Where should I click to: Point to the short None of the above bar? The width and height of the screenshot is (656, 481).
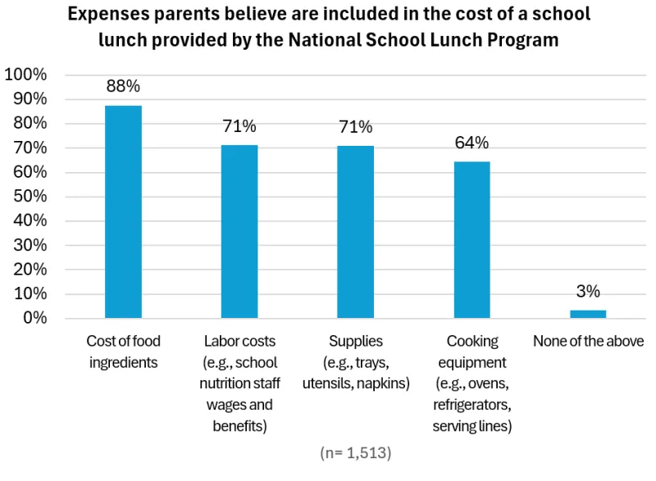588,314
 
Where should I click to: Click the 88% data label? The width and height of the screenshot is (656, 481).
123,86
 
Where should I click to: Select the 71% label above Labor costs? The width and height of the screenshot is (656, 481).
239,126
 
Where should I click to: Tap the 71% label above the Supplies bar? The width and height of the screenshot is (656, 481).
356,126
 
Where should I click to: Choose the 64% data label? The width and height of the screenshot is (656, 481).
472,143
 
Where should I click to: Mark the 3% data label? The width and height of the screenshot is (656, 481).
588,291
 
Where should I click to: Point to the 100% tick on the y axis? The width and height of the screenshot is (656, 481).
26,75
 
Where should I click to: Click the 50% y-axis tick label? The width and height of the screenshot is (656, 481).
30,197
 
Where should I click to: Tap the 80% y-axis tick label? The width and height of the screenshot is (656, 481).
30,124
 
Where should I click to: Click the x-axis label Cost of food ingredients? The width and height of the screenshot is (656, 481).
123,352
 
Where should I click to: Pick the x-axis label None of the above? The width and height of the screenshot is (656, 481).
588,341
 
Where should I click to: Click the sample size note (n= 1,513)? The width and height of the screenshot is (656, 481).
356,452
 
